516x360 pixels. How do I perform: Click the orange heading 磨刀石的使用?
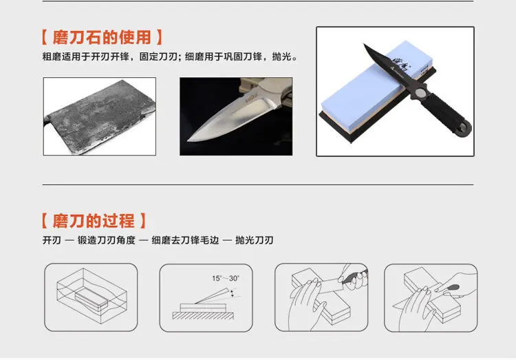102,37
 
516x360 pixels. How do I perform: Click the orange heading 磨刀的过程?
94,221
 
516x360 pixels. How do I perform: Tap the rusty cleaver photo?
100,116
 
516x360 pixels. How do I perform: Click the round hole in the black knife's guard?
420,93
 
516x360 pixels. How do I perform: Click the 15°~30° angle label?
226,278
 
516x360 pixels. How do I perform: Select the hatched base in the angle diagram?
203,316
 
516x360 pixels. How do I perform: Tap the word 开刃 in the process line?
52,240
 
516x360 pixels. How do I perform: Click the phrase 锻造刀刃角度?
106,240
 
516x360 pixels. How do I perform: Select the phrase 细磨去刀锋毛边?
185,240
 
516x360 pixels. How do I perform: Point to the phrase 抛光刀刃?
254,240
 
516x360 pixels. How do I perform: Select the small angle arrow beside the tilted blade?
233,293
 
